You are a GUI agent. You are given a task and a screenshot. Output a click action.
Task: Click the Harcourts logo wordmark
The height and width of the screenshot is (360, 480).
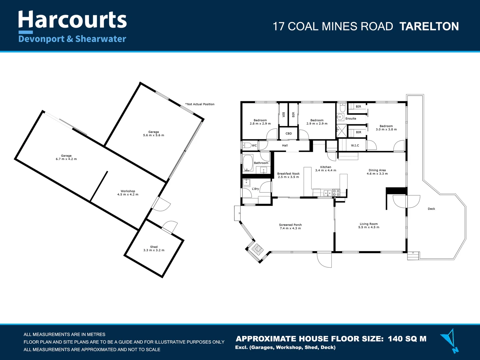click(x=72, y=20)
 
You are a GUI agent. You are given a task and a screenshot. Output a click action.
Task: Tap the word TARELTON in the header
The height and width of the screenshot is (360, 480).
click(x=429, y=27)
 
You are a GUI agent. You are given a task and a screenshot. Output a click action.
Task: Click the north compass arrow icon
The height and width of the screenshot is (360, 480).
click(x=449, y=340)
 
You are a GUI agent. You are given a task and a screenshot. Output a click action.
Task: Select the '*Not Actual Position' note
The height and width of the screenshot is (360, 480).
click(x=200, y=104)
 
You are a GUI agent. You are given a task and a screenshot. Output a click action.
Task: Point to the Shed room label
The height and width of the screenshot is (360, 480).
click(x=154, y=249)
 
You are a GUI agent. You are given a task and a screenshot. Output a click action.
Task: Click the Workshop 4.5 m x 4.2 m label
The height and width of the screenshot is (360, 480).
click(x=128, y=193)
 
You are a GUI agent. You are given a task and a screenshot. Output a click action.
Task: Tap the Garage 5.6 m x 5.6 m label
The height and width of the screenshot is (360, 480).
click(x=154, y=134)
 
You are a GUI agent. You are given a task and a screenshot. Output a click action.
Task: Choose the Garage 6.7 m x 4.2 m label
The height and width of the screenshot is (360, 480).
click(x=66, y=157)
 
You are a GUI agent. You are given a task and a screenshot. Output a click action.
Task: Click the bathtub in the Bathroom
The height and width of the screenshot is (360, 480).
click(x=247, y=163)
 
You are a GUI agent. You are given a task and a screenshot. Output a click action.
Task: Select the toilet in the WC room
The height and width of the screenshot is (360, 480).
click(x=246, y=145)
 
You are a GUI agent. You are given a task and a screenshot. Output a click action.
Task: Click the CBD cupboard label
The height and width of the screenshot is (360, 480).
click(x=289, y=133)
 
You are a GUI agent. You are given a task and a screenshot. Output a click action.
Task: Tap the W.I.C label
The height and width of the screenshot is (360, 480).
click(x=355, y=145)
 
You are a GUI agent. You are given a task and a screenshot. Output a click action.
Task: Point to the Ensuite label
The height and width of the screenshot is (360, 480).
click(x=351, y=119)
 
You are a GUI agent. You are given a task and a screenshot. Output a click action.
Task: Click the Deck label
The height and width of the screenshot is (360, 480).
click(x=431, y=209)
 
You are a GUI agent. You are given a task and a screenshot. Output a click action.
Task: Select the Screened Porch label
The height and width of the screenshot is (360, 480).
click(x=290, y=227)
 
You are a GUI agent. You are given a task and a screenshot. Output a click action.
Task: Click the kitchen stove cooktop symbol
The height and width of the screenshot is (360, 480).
click(x=336, y=192)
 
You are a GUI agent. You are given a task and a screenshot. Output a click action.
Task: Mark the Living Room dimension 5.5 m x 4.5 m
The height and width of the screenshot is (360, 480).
click(x=369, y=227)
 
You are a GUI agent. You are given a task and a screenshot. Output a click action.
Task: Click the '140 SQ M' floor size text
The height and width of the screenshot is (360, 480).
click(x=407, y=339)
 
